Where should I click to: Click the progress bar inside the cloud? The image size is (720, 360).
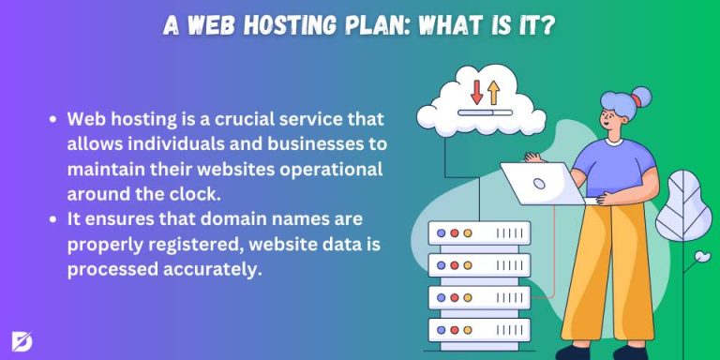[485, 112]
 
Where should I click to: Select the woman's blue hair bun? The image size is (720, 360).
[641, 96]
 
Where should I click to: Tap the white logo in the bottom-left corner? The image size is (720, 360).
[22, 339]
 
